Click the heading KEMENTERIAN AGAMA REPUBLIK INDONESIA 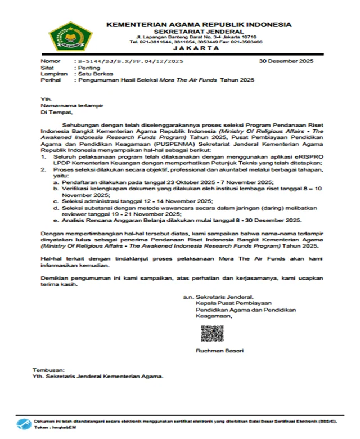[199, 25]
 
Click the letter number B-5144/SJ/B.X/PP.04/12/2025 [129, 60]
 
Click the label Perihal [49, 80]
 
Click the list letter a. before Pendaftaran [55, 183]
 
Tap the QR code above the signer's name [213, 334]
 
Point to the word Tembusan [47, 369]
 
